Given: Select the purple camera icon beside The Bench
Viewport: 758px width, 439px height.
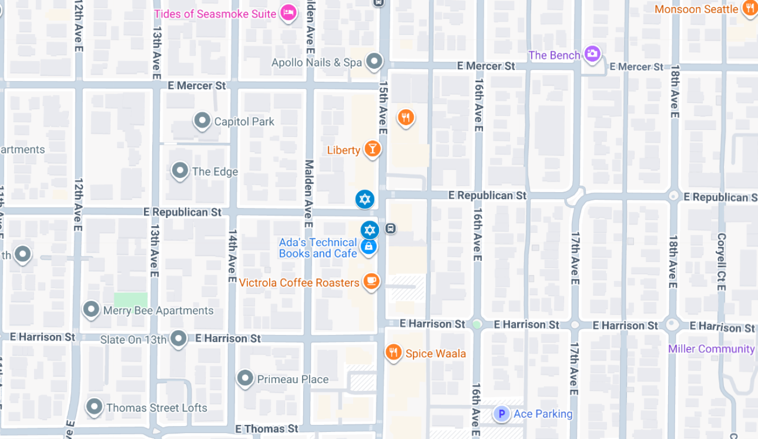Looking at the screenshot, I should coord(592,54).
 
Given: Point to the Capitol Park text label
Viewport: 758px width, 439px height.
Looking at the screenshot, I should coord(244,121).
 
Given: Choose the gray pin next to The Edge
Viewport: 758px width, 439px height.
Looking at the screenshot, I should coord(180,171).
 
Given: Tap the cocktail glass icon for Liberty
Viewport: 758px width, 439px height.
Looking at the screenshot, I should coord(371,148).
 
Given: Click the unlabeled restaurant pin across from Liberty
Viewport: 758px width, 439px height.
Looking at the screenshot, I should coord(406,116).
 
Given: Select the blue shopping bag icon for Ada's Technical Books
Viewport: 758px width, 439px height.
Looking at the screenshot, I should coord(368,247).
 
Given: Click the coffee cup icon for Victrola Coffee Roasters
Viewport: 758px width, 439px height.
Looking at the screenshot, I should coord(370,281).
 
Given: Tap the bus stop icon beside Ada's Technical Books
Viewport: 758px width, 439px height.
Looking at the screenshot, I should coord(390,228).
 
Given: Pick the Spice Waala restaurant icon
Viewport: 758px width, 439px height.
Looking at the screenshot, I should coord(394,352).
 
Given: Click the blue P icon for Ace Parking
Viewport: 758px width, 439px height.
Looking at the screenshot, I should coord(501,414).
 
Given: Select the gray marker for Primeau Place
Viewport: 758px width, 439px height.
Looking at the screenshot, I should coord(245,378).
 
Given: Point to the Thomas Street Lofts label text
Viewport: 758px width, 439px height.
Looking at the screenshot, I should coord(156,408).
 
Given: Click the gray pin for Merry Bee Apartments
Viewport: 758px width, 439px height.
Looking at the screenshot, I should coord(92,310).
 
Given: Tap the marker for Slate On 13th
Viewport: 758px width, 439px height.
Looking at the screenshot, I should coord(178,339).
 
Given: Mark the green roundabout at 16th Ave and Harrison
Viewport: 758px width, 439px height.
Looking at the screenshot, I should coord(477,324).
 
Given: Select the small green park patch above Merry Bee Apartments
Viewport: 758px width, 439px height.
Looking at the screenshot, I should coord(130,299).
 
